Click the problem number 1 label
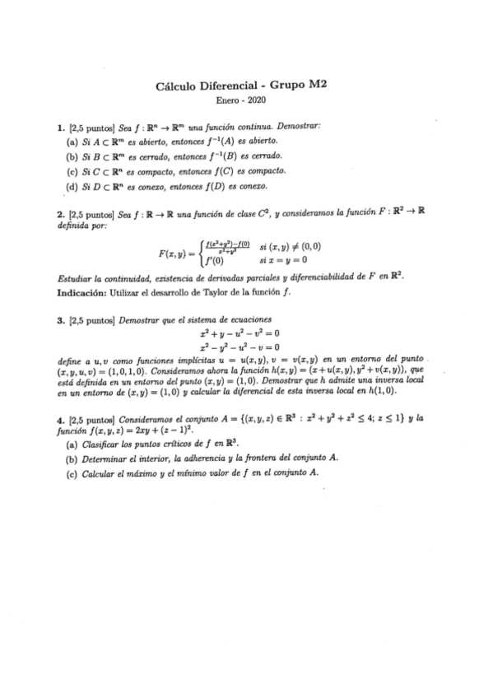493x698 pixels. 60,126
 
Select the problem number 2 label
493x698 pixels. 60,214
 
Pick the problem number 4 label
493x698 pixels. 60,418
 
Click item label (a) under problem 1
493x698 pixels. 72,141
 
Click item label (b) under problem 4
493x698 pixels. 72,458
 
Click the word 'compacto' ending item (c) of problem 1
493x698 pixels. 267,170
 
